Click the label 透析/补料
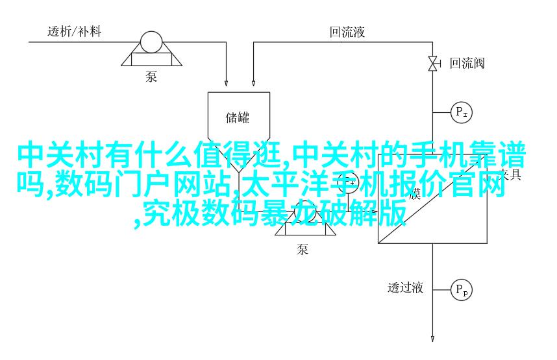click(x=74, y=31)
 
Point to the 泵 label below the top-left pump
click(x=151, y=77)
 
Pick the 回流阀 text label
click(x=467, y=63)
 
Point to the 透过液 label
click(x=406, y=287)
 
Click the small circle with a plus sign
click(x=351, y=184)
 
